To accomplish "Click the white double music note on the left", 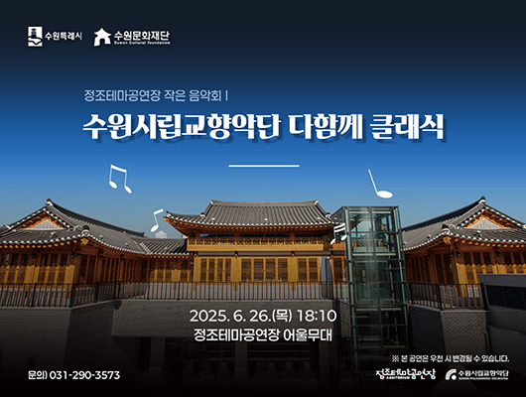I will tap(118, 179).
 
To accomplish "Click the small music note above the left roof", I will tap(156, 219).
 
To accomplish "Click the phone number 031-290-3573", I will tap(85, 375).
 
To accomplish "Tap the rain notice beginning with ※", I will tap(451, 357).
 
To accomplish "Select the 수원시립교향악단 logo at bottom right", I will tap(479, 375).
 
